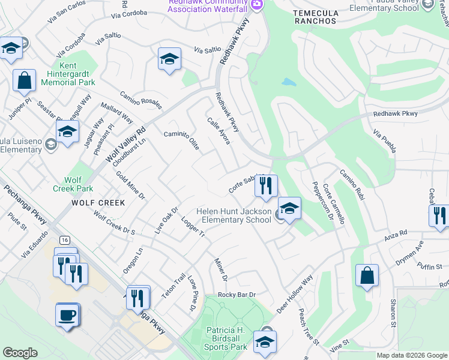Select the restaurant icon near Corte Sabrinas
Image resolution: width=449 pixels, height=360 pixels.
click(266, 185)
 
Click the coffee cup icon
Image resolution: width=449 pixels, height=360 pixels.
click(67, 314)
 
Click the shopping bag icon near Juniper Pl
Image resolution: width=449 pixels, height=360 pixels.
click(25, 81)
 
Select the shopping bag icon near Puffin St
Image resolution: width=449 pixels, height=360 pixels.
click(366, 275)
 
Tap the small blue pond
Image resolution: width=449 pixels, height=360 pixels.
click(289, 82)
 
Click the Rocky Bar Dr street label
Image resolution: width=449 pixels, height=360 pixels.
click(237, 295)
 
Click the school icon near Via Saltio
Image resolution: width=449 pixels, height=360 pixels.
click(170, 59)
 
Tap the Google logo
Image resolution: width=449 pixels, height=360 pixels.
click(20, 353)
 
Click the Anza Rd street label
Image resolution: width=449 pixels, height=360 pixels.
click(396, 232)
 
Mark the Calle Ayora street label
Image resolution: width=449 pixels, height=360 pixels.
click(219, 130)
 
